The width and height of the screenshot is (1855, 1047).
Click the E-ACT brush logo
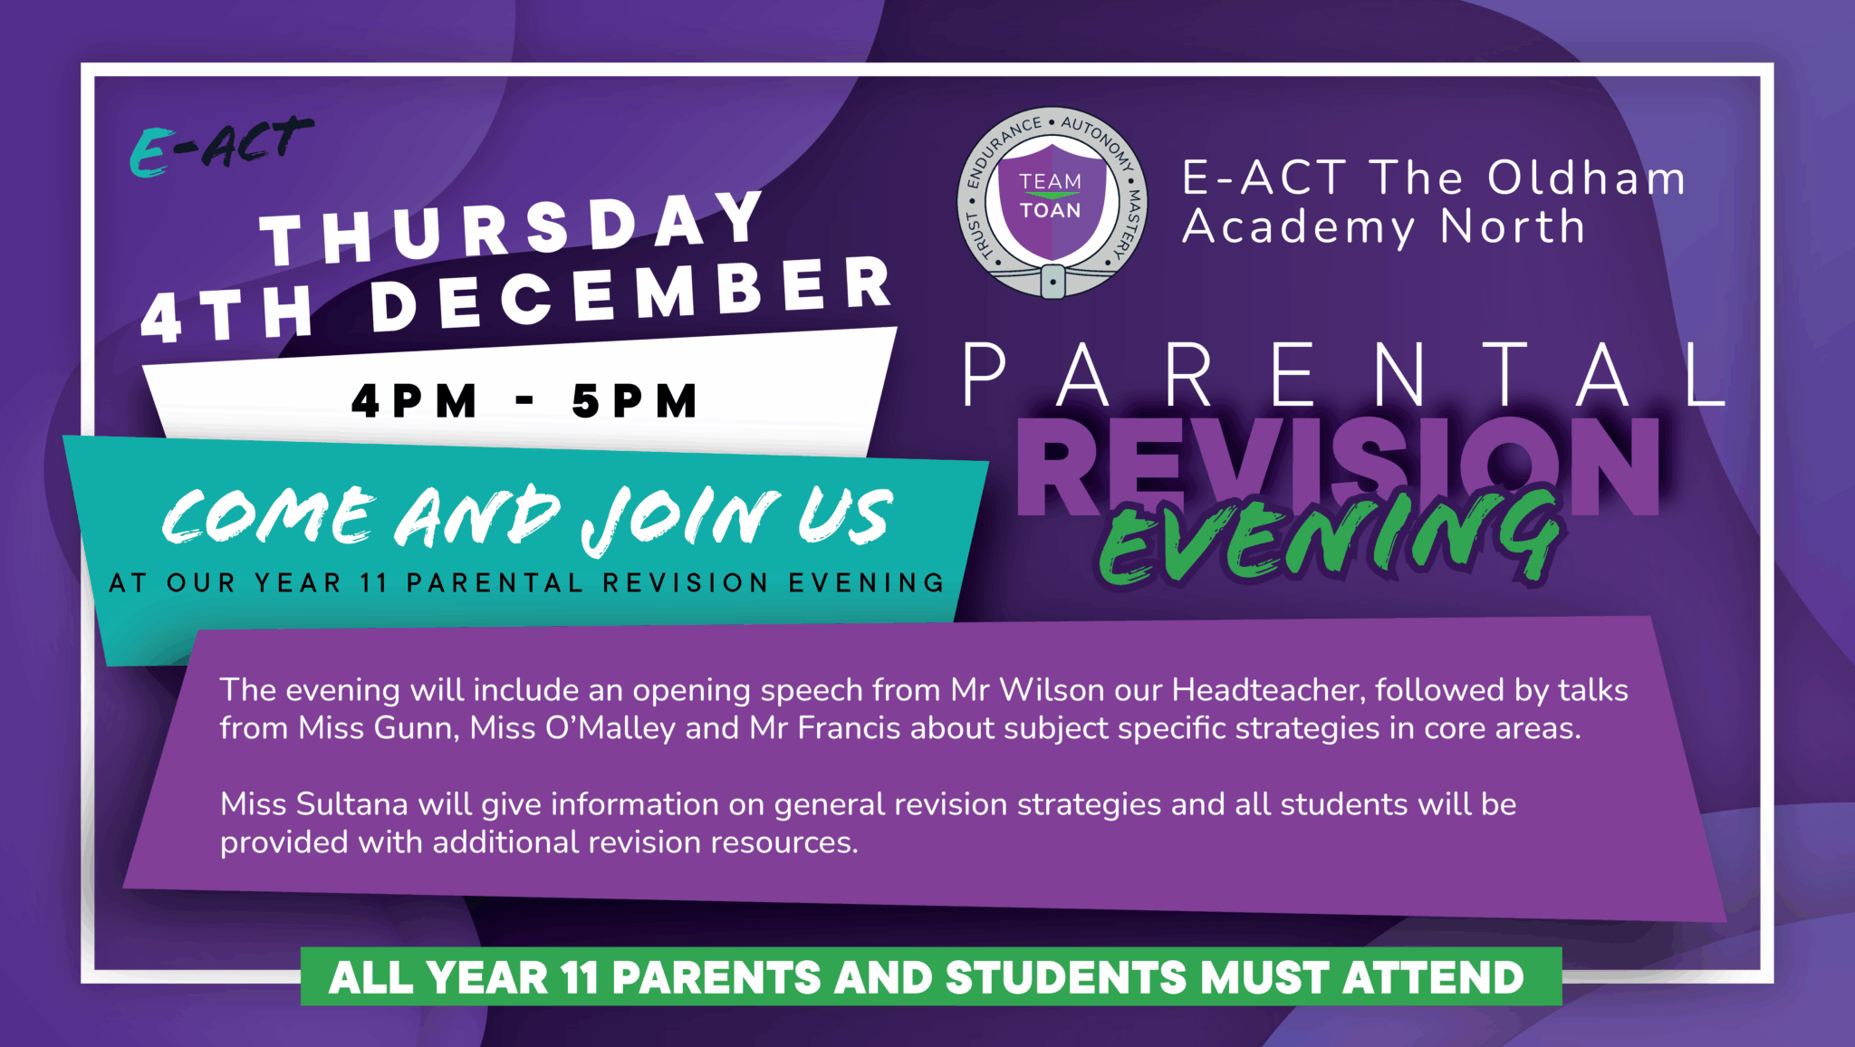pyautogui.click(x=222, y=146)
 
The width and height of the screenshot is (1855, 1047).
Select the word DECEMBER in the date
pyautogui.click(x=631, y=293)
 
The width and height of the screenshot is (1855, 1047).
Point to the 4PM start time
pyautogui.click(x=414, y=400)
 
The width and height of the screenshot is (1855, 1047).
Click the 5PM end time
pyautogui.click(x=635, y=400)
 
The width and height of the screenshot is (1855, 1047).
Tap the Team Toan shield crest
pyautogui.click(x=1052, y=203)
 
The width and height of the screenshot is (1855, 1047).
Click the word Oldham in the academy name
pyautogui.click(x=1586, y=178)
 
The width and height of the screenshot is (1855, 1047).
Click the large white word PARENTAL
pyautogui.click(x=1344, y=375)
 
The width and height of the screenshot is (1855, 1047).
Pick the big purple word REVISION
pyautogui.click(x=1338, y=467)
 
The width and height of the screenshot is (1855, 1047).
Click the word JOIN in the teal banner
pyautogui.click(x=680, y=518)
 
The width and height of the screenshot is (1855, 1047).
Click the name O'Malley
pyautogui.click(x=610, y=728)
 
